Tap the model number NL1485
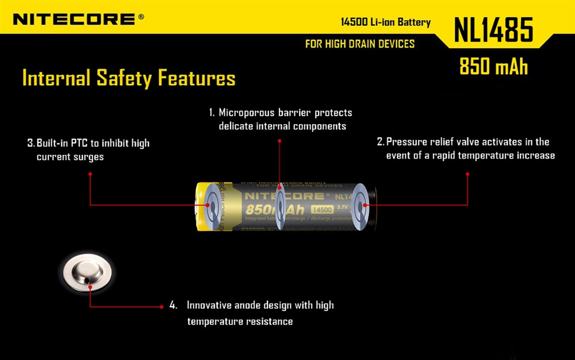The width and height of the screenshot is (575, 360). [493, 30]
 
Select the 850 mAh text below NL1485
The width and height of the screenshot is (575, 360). [493, 66]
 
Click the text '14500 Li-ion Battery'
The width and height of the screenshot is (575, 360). [385, 22]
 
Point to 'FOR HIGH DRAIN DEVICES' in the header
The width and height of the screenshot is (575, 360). [360, 44]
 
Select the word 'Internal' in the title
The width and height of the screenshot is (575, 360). [56, 78]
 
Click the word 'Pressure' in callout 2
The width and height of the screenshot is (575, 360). [407, 142]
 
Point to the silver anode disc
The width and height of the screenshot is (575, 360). [87, 275]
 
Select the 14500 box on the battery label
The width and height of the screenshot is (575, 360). [320, 210]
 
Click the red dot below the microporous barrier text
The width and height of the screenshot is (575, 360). [279, 140]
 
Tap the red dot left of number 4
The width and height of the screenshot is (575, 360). [162, 307]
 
